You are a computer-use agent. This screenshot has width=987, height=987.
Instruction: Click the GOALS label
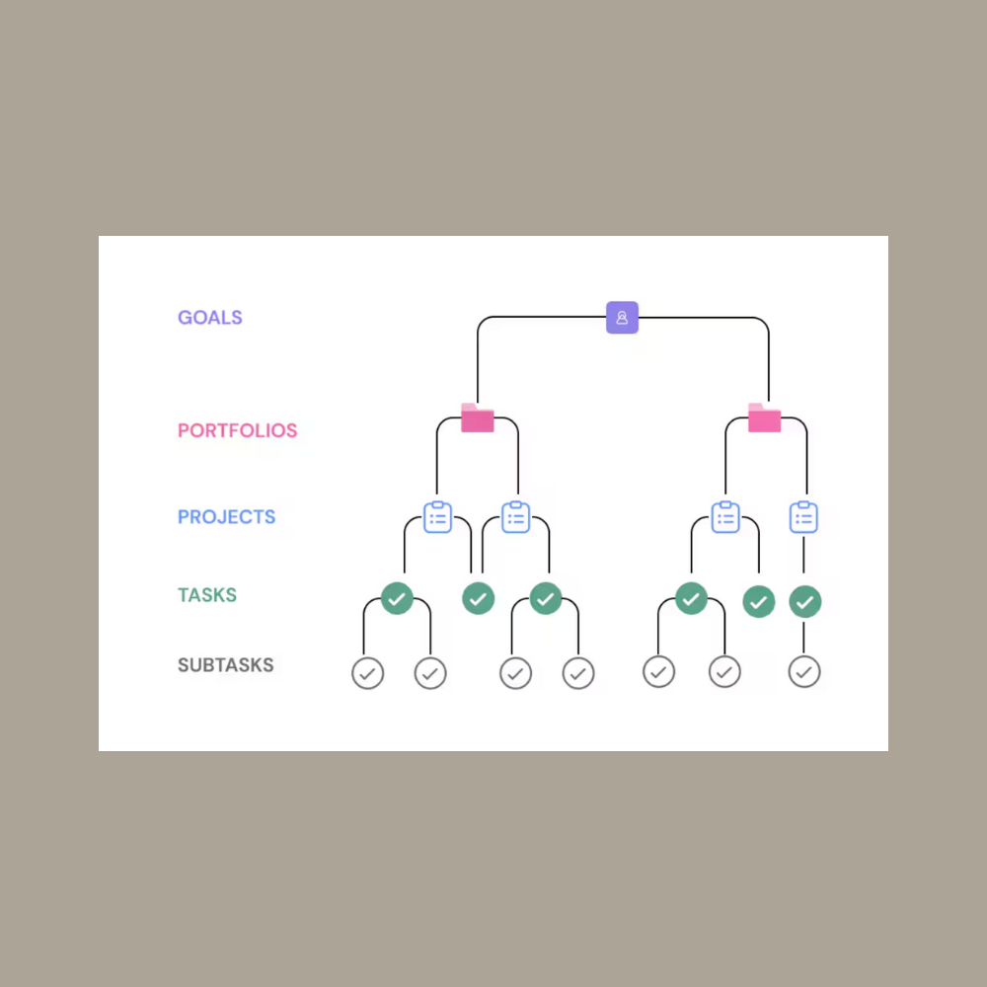point(209,318)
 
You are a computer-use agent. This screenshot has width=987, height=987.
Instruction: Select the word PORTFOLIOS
point(237,431)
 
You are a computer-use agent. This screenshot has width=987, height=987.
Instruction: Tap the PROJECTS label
point(226,517)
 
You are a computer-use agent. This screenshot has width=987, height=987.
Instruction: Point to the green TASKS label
point(206,595)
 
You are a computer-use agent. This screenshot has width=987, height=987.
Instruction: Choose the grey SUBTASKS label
point(225,665)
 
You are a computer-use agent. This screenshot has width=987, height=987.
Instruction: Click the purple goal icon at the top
point(622,318)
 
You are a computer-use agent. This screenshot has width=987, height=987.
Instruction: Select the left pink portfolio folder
point(478,418)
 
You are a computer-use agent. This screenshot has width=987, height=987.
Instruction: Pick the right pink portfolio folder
point(764,418)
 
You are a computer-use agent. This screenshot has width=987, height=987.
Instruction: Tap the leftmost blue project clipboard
point(438,516)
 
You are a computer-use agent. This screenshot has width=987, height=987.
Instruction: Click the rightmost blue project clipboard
point(804,516)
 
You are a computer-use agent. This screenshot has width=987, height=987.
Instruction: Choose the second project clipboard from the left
point(516,516)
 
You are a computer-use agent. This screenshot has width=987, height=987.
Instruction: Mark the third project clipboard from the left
point(725,516)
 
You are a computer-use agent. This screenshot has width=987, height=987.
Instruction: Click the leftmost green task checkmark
point(397,598)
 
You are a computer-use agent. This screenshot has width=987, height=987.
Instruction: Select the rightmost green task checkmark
point(805,601)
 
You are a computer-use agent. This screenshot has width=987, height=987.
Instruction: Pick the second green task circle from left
point(478,598)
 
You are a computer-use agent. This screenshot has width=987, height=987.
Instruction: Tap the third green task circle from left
point(546,598)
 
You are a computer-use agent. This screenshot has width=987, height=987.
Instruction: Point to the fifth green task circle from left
point(758,601)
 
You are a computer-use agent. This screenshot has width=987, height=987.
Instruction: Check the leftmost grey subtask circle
point(367,673)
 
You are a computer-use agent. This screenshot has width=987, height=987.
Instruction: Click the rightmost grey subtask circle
point(804,673)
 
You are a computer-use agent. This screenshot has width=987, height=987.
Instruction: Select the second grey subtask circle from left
point(430,673)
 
